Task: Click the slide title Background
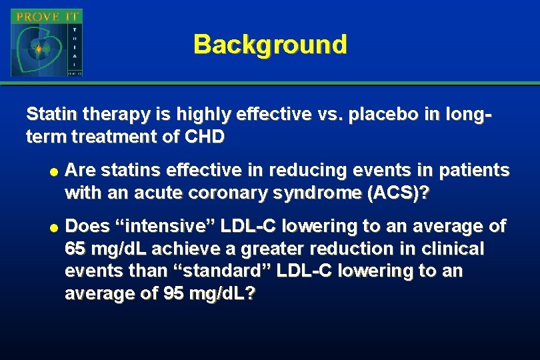(x=270, y=45)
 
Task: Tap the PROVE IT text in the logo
(x=46, y=15)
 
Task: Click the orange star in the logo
(x=38, y=49)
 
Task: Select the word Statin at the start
(x=47, y=115)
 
